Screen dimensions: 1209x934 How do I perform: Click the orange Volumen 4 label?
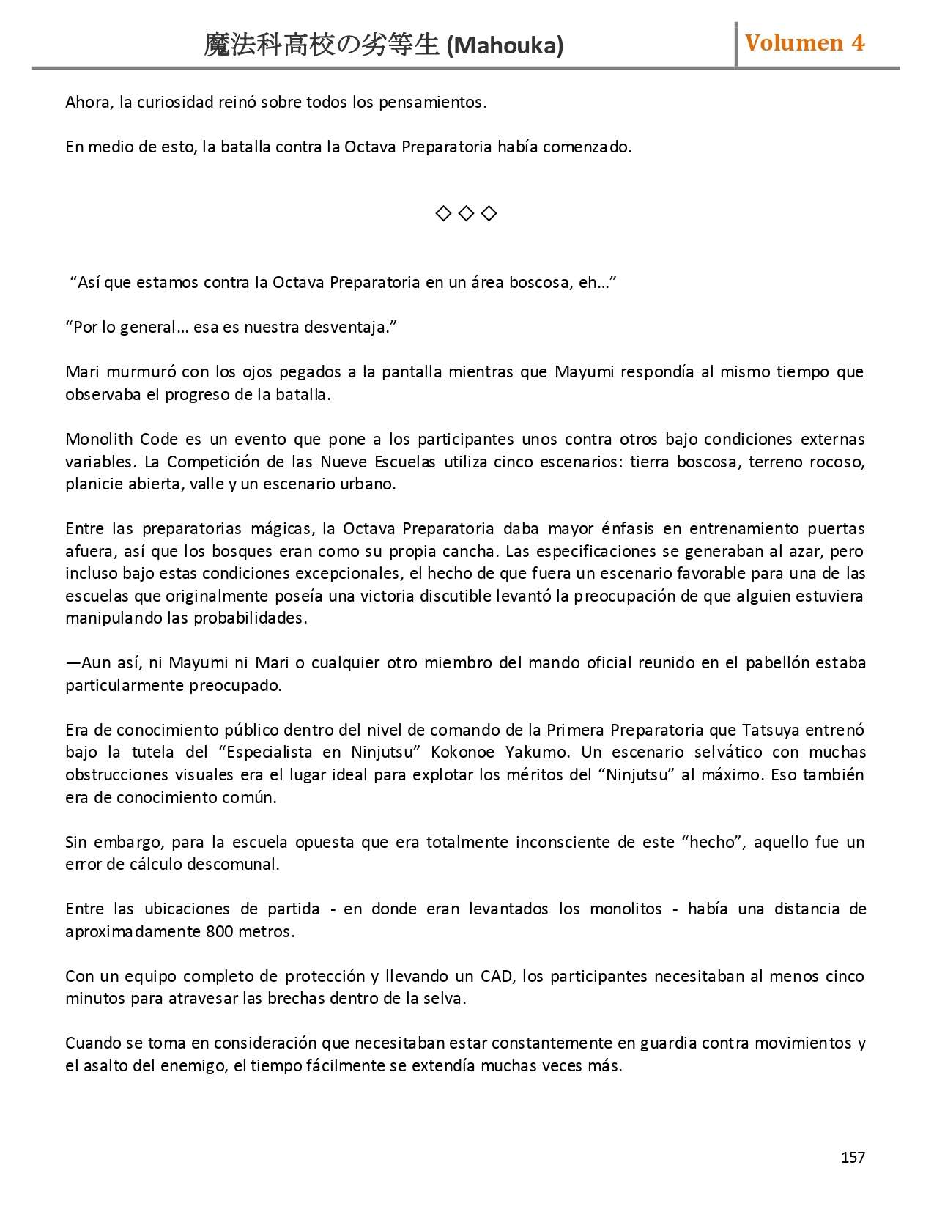click(x=804, y=42)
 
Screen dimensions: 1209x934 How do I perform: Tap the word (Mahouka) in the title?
click(x=505, y=46)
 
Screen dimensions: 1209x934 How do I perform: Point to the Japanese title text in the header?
click(x=322, y=45)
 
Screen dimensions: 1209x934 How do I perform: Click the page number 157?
click(x=853, y=1157)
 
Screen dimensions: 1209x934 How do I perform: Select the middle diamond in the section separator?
click(x=466, y=213)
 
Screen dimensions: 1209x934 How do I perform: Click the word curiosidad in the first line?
click(x=175, y=102)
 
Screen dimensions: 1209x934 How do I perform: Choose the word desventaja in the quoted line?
click(x=349, y=327)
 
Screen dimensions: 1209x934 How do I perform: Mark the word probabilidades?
click(x=249, y=618)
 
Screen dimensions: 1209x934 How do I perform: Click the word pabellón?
click(x=777, y=662)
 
